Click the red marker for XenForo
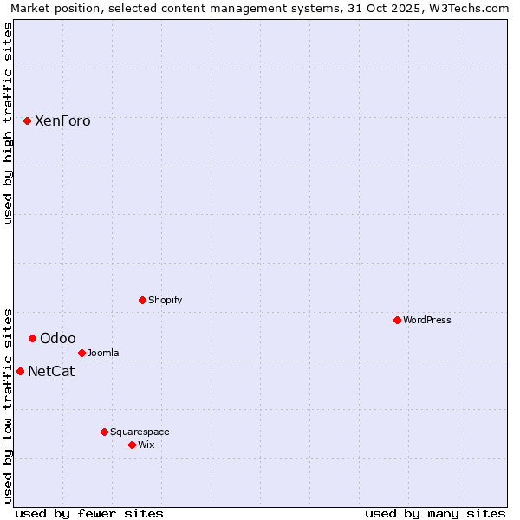27,121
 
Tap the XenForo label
62,121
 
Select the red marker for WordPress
397,320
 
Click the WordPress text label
427,320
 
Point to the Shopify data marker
142,300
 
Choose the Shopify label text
166,301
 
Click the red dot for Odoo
32,338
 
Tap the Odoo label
58,339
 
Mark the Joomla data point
81,353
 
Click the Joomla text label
103,353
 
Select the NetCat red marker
20,371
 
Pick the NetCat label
51,372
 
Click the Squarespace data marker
104,432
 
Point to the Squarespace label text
140,432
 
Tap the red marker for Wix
132,445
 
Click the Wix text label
146,445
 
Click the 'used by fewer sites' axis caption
89,513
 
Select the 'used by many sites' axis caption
435,513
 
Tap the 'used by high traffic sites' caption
9,124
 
